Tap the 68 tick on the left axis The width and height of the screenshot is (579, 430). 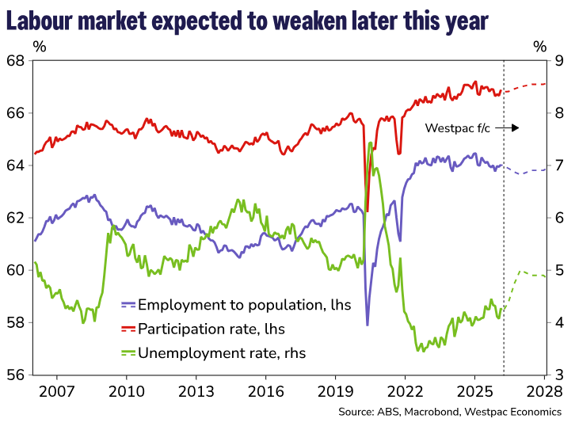(16, 61)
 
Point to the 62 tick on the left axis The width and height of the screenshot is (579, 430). (16, 218)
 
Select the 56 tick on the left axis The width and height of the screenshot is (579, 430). (16, 375)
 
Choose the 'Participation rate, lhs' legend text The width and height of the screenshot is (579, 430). (211, 328)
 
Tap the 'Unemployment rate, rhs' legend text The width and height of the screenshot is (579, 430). (222, 352)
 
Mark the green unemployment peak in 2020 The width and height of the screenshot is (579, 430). (370, 143)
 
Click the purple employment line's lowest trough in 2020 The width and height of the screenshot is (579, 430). (367, 324)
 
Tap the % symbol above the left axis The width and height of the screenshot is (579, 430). (40, 46)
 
